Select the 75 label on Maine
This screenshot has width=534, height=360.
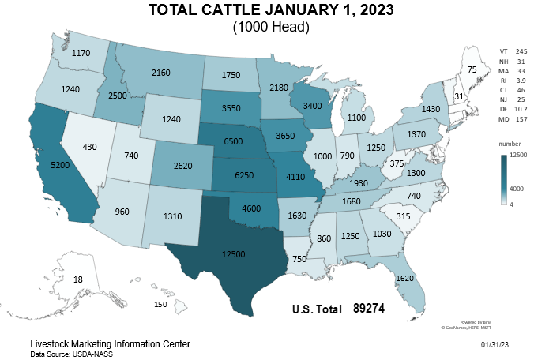(472, 70)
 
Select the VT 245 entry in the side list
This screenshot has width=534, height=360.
(513, 51)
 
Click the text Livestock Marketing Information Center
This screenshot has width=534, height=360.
(109, 345)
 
